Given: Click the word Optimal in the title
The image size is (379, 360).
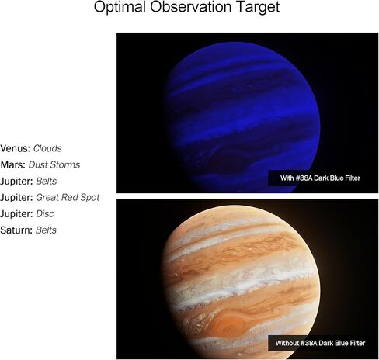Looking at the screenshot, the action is pos(120,7).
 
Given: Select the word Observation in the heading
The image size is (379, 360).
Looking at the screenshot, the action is pos(190,7).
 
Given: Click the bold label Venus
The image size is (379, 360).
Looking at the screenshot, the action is pos(16,148).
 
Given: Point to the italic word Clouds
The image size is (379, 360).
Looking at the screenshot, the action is pos(47,148).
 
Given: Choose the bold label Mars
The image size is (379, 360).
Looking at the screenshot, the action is pos(13,164).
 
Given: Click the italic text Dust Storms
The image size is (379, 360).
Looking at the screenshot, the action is pos(54,164).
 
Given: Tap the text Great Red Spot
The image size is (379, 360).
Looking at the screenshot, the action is pos(68,198).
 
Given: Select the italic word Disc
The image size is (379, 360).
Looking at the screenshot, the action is pos(45,214).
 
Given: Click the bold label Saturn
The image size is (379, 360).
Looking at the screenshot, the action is pos(16,230).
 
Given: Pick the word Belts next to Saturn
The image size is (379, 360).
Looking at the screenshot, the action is pos(46,230).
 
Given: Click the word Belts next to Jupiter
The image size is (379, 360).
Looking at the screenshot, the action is pos(47,182).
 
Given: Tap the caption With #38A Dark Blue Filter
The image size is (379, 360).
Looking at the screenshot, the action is pos(320,178).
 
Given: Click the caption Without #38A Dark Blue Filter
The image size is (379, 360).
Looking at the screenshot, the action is pos(320,343).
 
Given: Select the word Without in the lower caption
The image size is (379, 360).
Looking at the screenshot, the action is pos(287,343).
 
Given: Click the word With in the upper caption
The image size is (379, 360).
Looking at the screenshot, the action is pos(287,178).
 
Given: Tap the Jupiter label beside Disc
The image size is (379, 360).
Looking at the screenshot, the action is pos(17,214).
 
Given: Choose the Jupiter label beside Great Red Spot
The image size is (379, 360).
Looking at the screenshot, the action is pos(17,198).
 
